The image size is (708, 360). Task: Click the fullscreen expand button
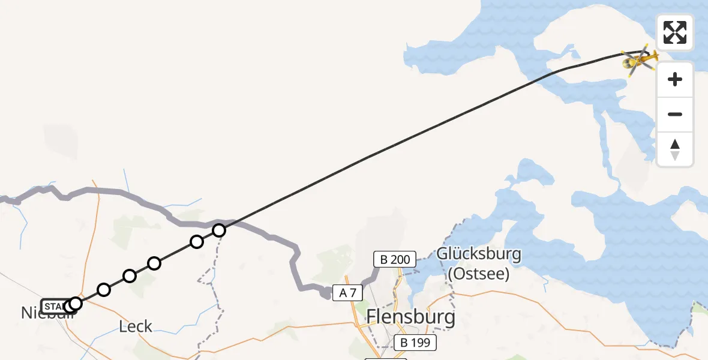tap(675, 32)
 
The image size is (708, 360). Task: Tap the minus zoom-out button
tap(675, 114)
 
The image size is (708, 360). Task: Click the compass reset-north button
tap(675, 149)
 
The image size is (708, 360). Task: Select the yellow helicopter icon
tap(640, 59)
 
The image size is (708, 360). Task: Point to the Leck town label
tap(136, 327)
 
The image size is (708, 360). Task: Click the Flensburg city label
tap(411, 316)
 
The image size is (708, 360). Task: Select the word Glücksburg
tap(478, 254)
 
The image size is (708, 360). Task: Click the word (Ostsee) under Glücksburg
tap(478, 274)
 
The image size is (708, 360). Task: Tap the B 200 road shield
tap(395, 260)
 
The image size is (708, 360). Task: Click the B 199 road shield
tap(416, 343)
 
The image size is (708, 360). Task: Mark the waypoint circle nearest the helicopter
tap(219, 230)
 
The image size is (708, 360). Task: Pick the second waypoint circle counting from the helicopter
tap(196, 242)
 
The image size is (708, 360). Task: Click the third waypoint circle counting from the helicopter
tap(154, 263)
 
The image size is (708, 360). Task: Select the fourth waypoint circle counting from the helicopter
tap(129, 276)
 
